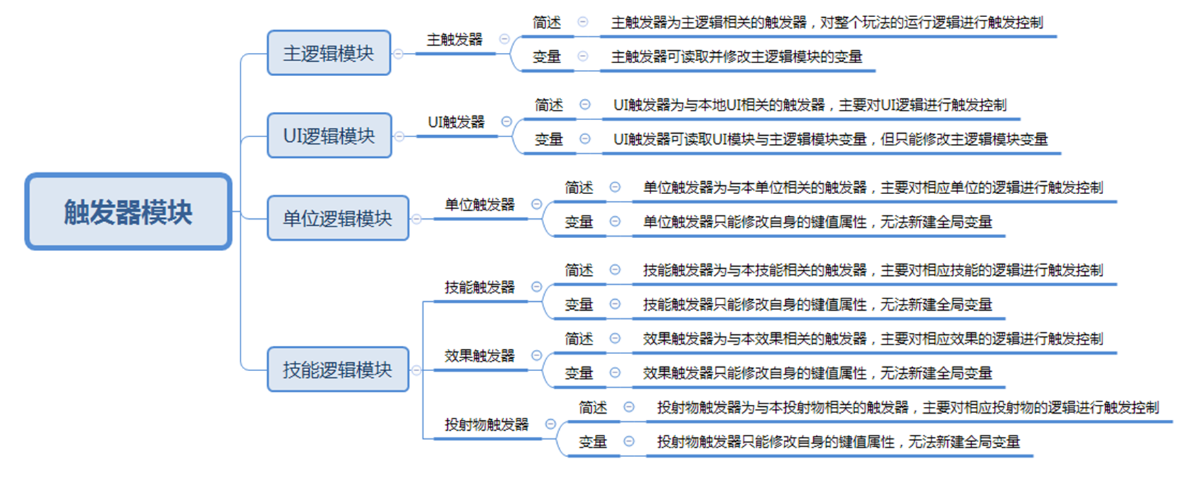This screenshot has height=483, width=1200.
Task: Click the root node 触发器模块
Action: pyautogui.click(x=128, y=211)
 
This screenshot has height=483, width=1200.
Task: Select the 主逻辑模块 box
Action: pyautogui.click(x=329, y=53)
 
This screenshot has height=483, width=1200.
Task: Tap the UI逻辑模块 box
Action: pyautogui.click(x=330, y=136)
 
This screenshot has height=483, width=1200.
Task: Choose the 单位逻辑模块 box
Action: pyautogui.click(x=338, y=218)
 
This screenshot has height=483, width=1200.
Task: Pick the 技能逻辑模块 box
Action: pyautogui.click(x=338, y=369)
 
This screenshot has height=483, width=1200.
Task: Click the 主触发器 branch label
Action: pyautogui.click(x=455, y=40)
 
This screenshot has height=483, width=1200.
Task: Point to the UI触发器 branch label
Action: pyautogui.click(x=456, y=122)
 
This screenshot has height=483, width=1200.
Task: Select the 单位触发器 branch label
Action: pyautogui.click(x=479, y=204)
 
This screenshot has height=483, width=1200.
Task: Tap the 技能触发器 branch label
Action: pyautogui.click(x=479, y=287)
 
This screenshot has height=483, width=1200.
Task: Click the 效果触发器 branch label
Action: pyautogui.click(x=479, y=355)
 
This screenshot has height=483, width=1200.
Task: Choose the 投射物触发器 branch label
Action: pyautogui.click(x=486, y=424)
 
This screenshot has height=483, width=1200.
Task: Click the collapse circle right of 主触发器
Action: pyautogui.click(x=505, y=39)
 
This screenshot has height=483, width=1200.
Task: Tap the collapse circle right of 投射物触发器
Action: pyautogui.click(x=550, y=424)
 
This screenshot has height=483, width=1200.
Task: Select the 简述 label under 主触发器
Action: pyautogui.click(x=547, y=23)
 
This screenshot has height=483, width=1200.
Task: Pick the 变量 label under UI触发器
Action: pyautogui.click(x=549, y=139)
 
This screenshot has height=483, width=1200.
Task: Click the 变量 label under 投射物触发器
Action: pyautogui.click(x=593, y=441)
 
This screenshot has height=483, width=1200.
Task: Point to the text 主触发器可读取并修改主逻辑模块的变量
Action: pyautogui.click(x=736, y=57)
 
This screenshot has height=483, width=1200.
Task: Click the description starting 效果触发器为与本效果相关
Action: pyautogui.click(x=873, y=338)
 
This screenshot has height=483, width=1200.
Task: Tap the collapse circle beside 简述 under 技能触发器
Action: pyautogui.click(x=615, y=270)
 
